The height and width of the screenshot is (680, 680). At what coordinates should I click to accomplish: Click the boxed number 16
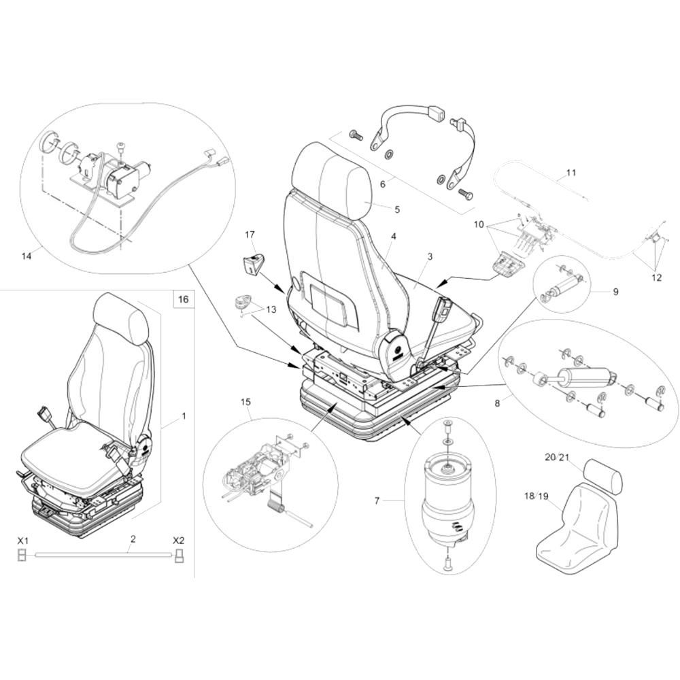[182, 299]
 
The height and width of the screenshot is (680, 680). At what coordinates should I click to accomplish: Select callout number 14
[27, 256]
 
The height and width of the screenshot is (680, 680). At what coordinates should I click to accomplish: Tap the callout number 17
[250, 235]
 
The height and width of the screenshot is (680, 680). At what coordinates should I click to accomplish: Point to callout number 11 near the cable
[571, 173]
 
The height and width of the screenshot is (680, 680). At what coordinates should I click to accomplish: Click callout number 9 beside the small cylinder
[615, 292]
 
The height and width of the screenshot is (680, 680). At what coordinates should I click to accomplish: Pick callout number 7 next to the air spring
[377, 501]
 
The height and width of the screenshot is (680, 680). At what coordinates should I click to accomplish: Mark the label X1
[22, 541]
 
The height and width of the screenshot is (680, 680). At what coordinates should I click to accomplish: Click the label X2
[178, 541]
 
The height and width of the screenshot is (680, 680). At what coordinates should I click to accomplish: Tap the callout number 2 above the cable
[133, 539]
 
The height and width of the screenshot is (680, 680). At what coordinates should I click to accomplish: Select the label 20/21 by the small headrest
[556, 458]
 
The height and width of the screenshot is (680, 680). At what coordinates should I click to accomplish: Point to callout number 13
[271, 309]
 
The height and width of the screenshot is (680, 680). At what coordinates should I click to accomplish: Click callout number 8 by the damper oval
[497, 403]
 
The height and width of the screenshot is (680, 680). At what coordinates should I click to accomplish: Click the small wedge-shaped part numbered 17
[254, 262]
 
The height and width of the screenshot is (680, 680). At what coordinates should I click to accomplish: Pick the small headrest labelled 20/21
[602, 474]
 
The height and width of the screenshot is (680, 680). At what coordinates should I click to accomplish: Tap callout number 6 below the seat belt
[383, 184]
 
